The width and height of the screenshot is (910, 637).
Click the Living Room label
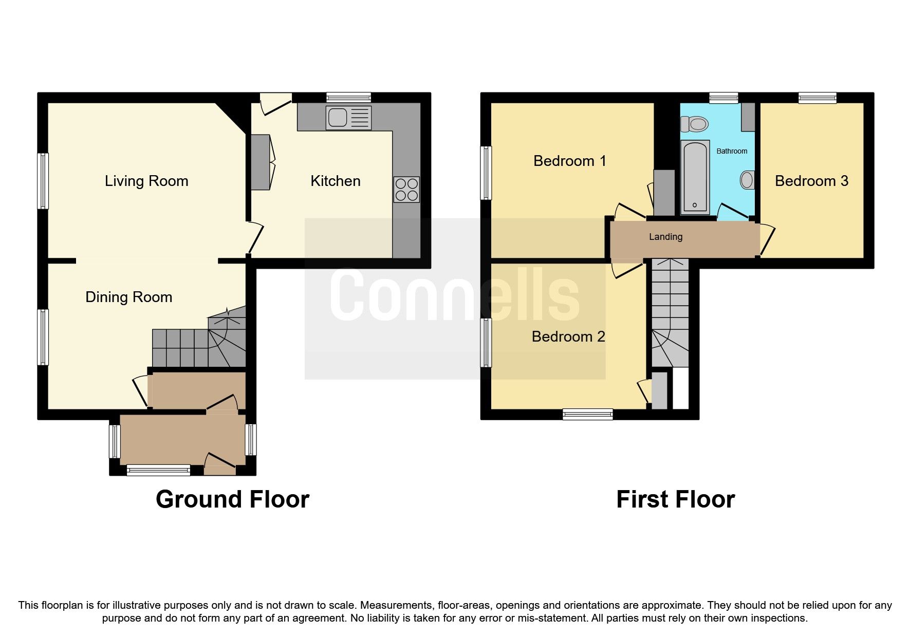point(146,181)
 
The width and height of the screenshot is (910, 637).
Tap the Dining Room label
point(128,297)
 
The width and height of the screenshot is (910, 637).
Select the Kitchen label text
point(335,181)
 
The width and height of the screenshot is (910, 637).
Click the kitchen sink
point(348,118)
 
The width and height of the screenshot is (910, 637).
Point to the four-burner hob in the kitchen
point(406,190)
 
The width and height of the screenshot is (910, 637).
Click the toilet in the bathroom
point(694,124)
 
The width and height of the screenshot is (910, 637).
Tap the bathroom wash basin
point(747,180)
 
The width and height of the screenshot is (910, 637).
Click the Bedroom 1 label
point(569,161)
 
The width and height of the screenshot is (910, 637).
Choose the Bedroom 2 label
point(568,336)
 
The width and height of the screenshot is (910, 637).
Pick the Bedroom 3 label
point(811,181)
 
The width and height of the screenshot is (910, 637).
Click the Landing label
point(665,237)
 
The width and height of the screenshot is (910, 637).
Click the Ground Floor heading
point(232,499)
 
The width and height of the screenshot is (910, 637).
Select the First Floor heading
point(675,499)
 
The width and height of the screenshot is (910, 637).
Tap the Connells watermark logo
point(455,298)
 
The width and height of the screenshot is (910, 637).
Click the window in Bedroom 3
point(817,98)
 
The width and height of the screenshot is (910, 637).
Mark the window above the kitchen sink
point(348,98)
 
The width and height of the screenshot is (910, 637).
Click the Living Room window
point(44,181)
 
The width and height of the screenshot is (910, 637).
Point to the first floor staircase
point(670,313)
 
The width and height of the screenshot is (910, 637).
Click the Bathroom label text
point(732,151)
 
